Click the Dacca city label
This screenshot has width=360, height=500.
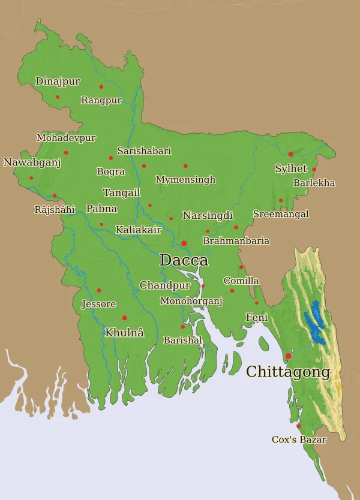184,260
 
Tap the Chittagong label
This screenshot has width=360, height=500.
288,372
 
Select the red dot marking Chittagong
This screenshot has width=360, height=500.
288,356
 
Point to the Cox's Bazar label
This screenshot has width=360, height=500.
299,439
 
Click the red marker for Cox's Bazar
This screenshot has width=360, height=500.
299,426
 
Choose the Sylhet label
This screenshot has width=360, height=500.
290,168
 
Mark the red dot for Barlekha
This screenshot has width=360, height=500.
314,169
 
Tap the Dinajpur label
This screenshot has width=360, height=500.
58,81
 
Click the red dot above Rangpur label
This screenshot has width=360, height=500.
101,86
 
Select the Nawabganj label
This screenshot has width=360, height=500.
32,162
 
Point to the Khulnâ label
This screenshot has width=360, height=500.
124,332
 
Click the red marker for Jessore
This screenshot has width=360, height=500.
99,291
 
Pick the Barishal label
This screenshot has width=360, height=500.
182,340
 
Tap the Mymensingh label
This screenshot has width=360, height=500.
185,179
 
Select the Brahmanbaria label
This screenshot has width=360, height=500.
236,240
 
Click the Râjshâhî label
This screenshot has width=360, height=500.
55,209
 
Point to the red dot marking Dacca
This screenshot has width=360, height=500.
184,243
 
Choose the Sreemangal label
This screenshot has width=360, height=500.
281,214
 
